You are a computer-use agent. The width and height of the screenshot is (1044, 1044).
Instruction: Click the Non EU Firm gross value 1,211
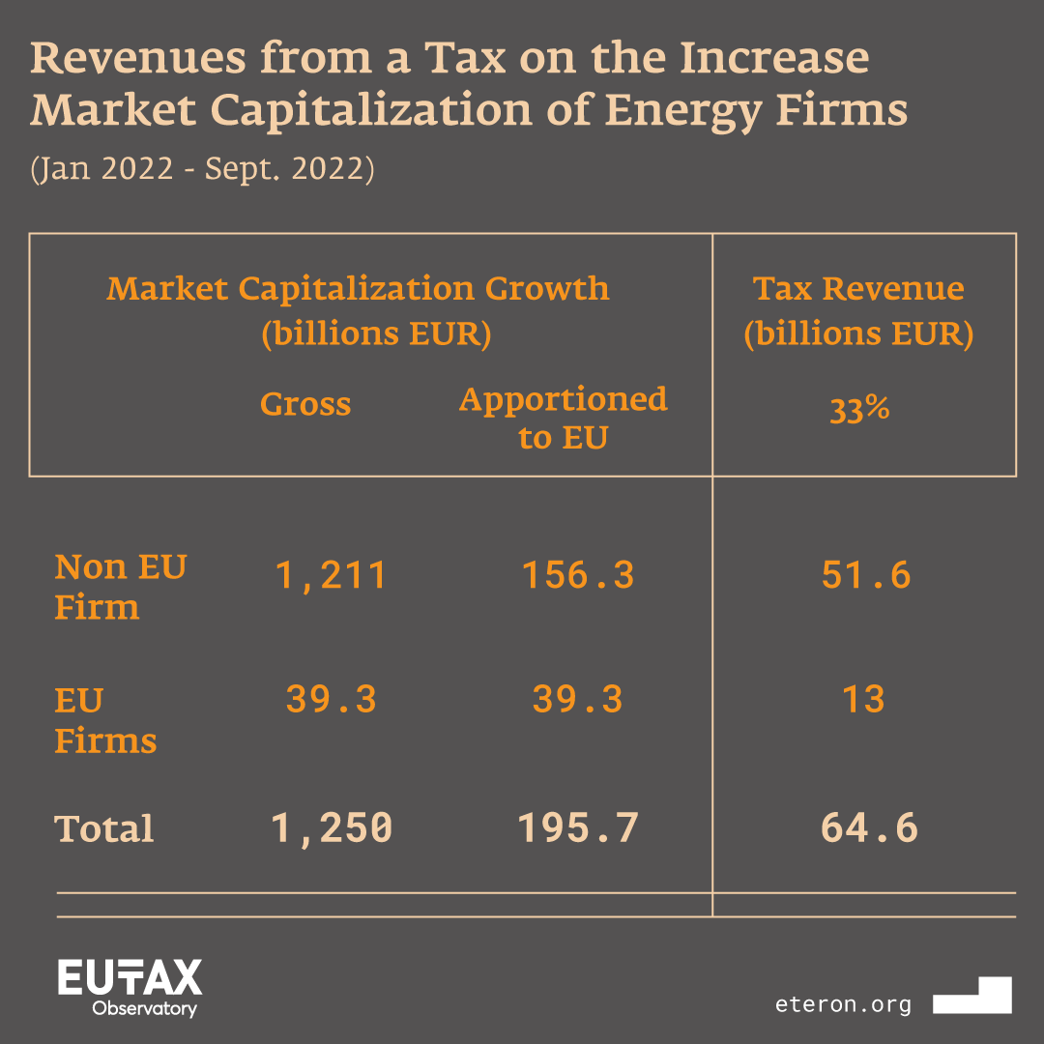point(332,576)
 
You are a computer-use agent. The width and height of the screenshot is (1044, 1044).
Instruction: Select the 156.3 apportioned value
point(578,576)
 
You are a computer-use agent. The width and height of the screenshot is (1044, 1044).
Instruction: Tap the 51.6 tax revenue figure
point(866,576)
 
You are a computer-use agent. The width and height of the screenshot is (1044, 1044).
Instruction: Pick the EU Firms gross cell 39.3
point(332,699)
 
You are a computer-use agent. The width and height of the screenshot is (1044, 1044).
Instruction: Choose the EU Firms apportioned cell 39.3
point(578,699)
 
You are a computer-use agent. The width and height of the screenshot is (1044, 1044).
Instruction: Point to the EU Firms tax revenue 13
point(863,699)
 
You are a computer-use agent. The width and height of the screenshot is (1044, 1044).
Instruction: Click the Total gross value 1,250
point(332,828)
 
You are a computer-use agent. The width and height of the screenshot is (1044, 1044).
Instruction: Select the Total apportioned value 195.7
point(578,828)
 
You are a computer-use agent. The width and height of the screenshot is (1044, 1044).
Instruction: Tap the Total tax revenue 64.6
point(868,828)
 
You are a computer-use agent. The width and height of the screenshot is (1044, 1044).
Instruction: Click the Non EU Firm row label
point(120,587)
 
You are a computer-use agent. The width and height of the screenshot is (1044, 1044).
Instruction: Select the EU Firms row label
point(104,720)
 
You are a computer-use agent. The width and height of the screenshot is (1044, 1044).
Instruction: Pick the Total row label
point(104,829)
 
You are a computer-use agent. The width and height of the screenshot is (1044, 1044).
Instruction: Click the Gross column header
point(305,404)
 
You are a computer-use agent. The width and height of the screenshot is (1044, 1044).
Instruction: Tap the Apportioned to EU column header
point(563,418)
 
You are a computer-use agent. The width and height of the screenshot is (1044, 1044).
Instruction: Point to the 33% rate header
point(859,410)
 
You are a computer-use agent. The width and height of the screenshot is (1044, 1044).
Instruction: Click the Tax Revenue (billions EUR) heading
point(858,310)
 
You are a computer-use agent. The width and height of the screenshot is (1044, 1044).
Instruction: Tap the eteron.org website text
point(843,1004)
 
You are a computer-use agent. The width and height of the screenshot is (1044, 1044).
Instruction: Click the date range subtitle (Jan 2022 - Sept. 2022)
point(202,169)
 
